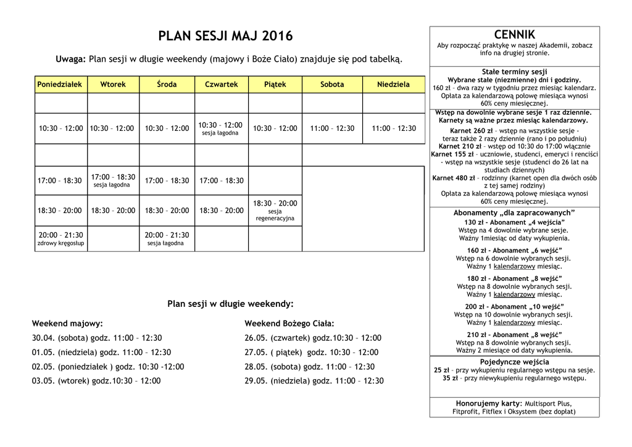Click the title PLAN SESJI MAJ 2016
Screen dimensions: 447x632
point(225,36)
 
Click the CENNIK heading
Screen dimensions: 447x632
point(515,35)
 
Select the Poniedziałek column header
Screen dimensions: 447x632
point(59,85)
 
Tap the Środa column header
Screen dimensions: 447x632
point(167,85)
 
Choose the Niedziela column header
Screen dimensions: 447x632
point(393,85)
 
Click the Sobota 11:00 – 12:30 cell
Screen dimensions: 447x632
point(332,128)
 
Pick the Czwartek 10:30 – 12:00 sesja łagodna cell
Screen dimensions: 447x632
point(220,128)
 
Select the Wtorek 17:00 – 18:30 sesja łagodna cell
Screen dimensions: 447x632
point(113,180)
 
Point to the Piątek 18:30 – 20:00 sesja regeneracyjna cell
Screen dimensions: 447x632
point(275,210)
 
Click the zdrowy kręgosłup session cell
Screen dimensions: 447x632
point(60,239)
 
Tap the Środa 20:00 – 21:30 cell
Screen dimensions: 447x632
point(167,239)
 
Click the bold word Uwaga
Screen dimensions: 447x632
point(70,60)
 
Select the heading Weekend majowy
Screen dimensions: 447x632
point(67,324)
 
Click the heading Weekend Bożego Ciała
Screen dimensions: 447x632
point(289,324)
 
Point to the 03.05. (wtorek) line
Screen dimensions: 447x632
point(96,381)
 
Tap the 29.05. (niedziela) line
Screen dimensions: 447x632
point(314,381)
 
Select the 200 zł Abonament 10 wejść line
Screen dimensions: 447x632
point(514,307)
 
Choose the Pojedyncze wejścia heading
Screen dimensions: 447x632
point(514,362)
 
